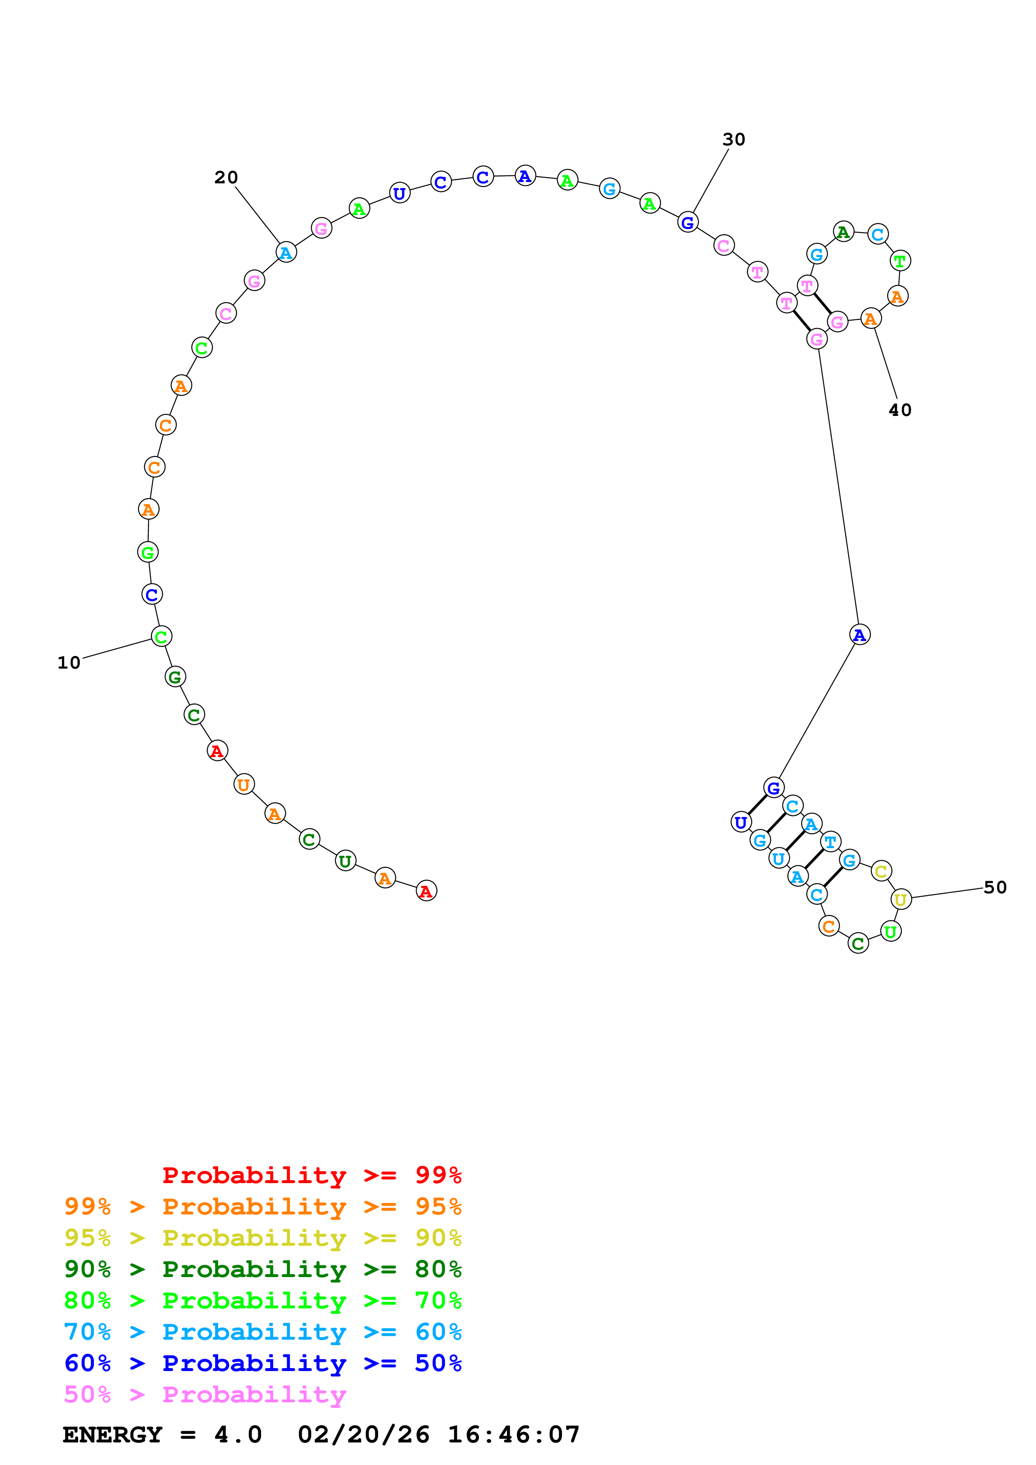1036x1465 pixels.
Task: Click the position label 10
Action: (69, 663)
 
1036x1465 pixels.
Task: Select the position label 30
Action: (733, 139)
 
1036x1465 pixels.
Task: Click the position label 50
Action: (995, 887)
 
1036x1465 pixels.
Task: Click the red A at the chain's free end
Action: (426, 891)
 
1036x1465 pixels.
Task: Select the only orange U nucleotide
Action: (244, 784)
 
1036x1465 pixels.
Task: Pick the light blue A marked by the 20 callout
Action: (286, 253)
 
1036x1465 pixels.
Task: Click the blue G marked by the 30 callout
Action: (687, 222)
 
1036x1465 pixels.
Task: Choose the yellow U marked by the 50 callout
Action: (901, 899)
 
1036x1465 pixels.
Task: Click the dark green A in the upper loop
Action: (843, 232)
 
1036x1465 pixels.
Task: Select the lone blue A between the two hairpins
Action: (860, 634)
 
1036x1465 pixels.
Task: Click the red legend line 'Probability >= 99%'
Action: (311, 1175)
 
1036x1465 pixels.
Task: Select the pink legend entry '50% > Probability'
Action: (204, 1395)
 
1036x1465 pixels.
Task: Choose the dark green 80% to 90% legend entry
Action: (262, 1269)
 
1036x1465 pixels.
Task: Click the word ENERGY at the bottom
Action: (112, 1435)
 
